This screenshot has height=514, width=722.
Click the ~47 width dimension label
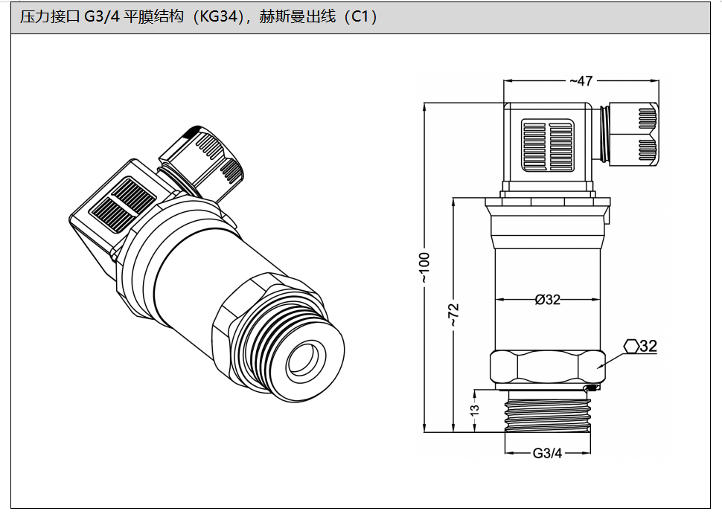point(581,80)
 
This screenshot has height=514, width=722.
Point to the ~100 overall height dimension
point(424,269)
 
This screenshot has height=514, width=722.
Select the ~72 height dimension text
point(454,315)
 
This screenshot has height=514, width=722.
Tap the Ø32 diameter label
point(548,300)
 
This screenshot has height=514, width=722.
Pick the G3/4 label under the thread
point(547,453)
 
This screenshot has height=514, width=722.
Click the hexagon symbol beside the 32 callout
point(631,346)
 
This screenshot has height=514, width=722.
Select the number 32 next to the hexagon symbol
point(648,346)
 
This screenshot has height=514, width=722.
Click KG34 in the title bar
point(223,17)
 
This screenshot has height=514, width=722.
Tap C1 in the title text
point(360,17)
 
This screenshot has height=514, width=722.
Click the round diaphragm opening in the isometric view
point(304,360)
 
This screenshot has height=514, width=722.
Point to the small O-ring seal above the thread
point(592,388)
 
